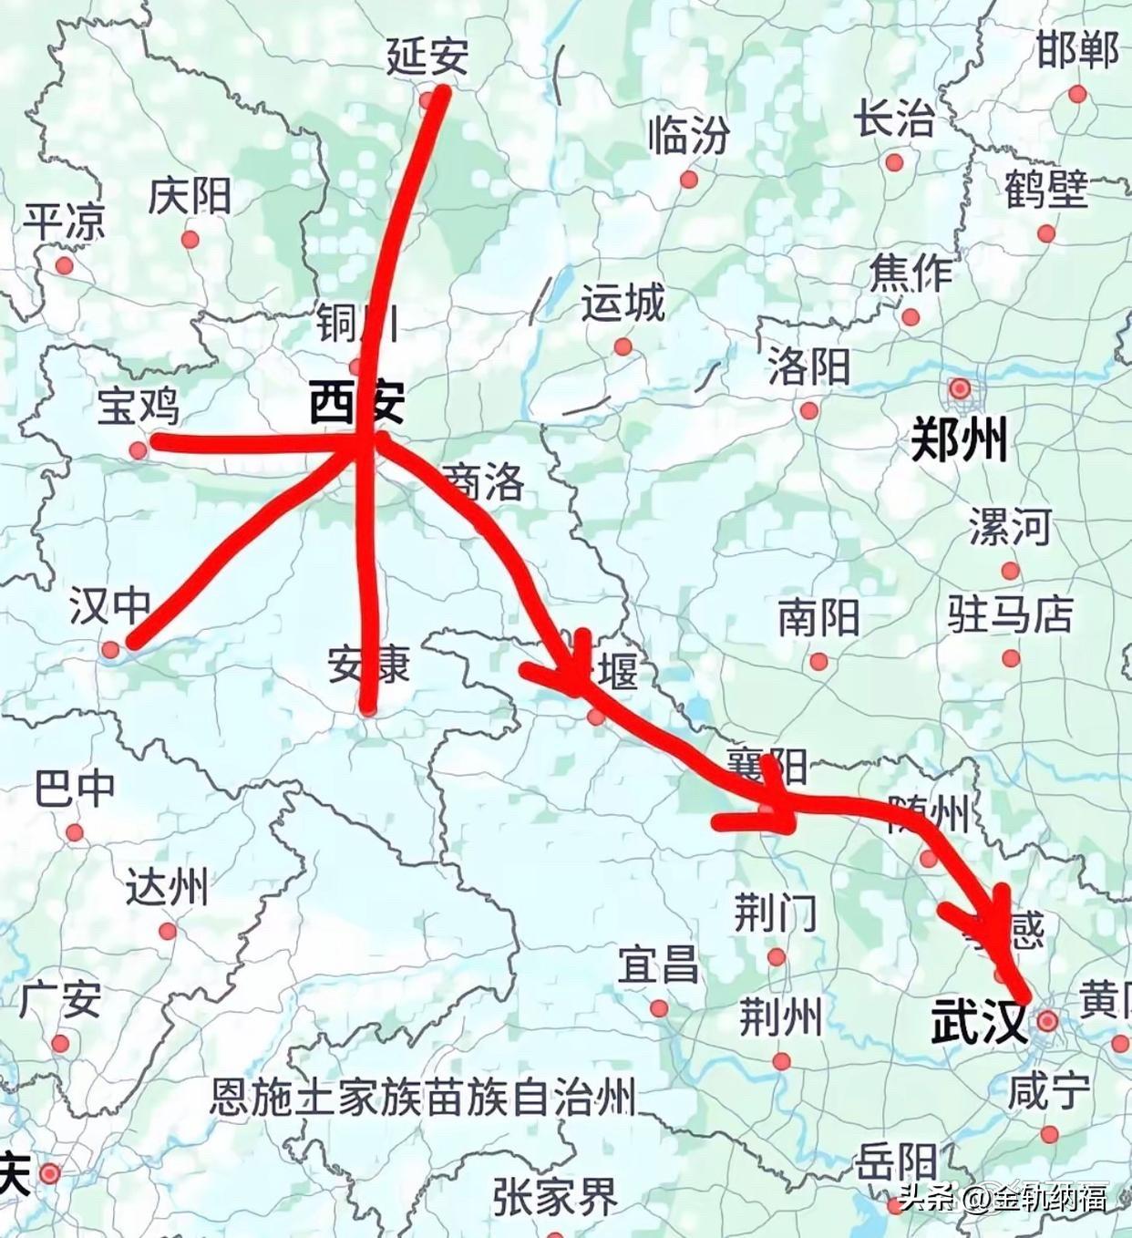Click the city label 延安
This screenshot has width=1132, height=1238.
[427, 57]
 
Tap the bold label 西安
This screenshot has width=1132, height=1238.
[356, 402]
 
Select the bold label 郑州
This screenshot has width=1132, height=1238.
[959, 441]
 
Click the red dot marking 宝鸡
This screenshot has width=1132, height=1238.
[138, 450]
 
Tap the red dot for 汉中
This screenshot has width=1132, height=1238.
[110, 649]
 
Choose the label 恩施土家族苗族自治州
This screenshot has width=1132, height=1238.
[423, 1097]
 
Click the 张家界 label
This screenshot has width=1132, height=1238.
[555, 1196]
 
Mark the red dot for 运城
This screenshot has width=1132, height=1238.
[623, 346]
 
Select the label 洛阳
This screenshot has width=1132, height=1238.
[808, 366]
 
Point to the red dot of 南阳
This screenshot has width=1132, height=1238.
[818, 662]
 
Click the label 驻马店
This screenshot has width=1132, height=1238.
[1010, 614]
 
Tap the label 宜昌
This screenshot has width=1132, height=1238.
[658, 965]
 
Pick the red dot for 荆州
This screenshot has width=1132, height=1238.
[781, 1061]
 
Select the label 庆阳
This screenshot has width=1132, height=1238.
[190, 196]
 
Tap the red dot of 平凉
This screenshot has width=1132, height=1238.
[64, 266]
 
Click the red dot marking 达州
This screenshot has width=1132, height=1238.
[168, 932]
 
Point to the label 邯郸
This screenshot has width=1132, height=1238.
[1077, 50]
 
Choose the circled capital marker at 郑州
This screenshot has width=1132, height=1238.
[960, 389]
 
